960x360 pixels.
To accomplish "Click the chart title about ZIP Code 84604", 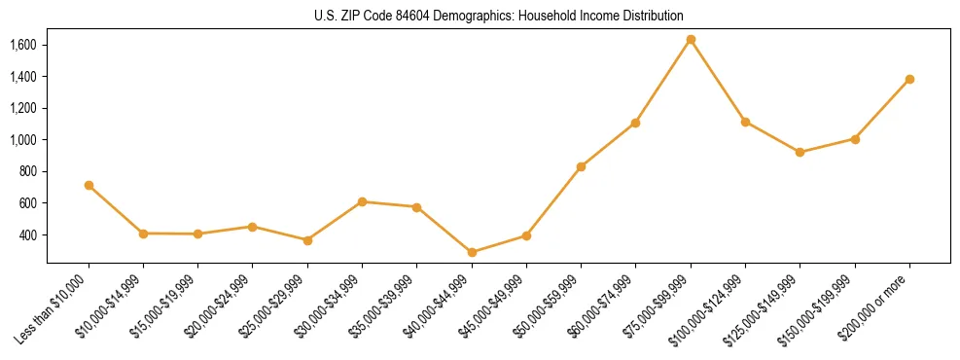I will (499, 16).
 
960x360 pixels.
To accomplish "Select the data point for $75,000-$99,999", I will (691, 40).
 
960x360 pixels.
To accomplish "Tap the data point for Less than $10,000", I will (89, 185).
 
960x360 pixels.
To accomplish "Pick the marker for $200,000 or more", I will (909, 79).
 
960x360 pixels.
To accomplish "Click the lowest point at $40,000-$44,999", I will (472, 252).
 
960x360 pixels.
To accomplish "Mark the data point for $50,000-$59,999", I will (581, 166).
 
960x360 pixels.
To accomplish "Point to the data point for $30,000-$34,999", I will (362, 201).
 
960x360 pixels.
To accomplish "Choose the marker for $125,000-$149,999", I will (800, 152).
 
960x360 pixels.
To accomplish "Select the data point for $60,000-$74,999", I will (635, 123).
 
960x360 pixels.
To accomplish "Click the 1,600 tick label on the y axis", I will (22, 45).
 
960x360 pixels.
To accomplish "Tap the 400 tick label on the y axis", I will (27, 234).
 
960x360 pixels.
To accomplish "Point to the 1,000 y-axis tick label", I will (22, 140).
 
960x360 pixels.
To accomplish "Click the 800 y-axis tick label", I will (27, 171).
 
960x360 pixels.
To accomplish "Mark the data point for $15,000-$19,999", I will (197, 234).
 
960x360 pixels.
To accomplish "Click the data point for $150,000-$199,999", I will (855, 139).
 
